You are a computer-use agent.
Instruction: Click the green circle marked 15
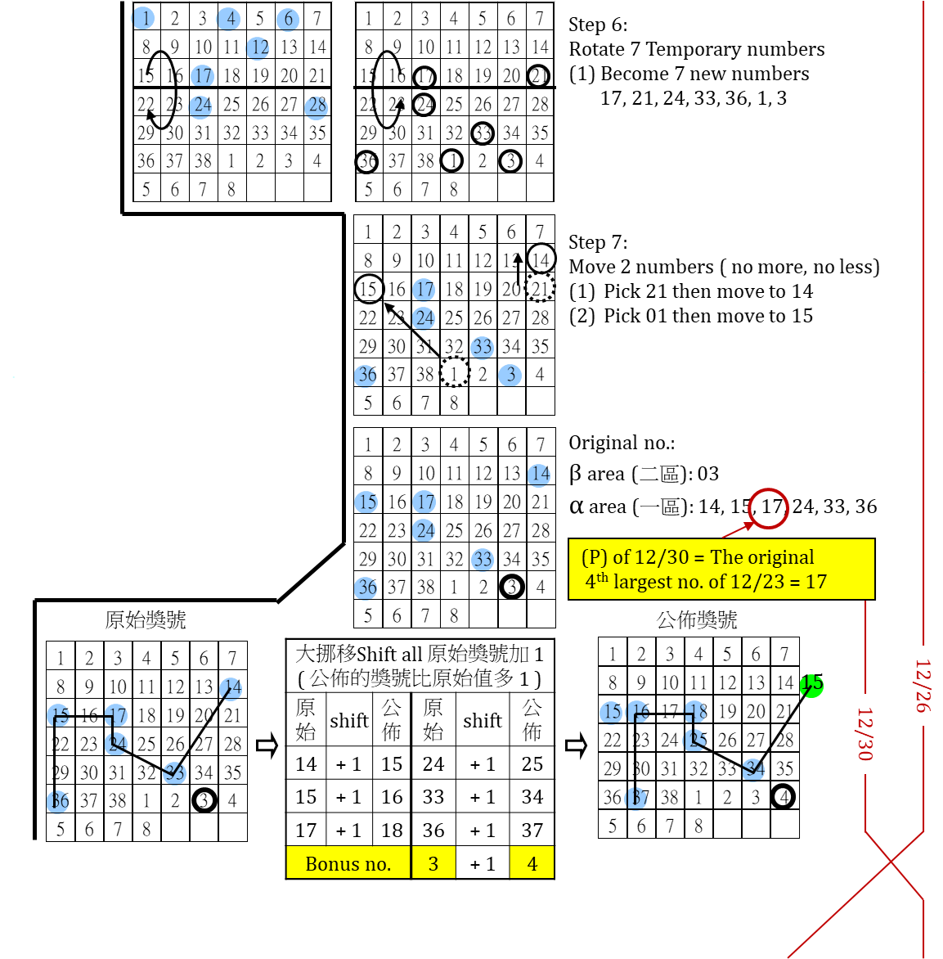point(811,683)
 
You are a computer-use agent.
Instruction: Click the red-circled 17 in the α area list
point(770,507)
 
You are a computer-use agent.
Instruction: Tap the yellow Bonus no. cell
point(348,864)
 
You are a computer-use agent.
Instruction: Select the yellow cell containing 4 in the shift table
point(532,864)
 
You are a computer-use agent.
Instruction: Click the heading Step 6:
point(598,25)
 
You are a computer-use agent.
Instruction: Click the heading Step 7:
point(598,242)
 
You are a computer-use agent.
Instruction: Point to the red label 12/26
point(923,686)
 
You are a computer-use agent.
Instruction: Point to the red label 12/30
point(864,734)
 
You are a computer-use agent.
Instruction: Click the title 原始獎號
point(146,619)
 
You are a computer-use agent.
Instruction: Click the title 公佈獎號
point(697,619)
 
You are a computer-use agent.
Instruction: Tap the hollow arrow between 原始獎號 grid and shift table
point(267,745)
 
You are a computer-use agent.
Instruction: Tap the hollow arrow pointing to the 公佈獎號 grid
point(576,745)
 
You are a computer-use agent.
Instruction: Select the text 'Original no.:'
point(622,443)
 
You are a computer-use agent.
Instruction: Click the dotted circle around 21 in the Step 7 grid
point(540,288)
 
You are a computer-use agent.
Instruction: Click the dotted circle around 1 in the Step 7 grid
point(454,373)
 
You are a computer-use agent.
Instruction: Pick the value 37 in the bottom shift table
point(532,831)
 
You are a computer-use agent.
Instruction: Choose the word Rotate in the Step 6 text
point(596,49)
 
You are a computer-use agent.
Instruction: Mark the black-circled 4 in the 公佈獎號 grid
point(784,796)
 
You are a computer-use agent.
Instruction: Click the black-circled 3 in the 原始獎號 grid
point(204,800)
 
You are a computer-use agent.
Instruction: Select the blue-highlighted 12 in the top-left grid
point(260,47)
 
